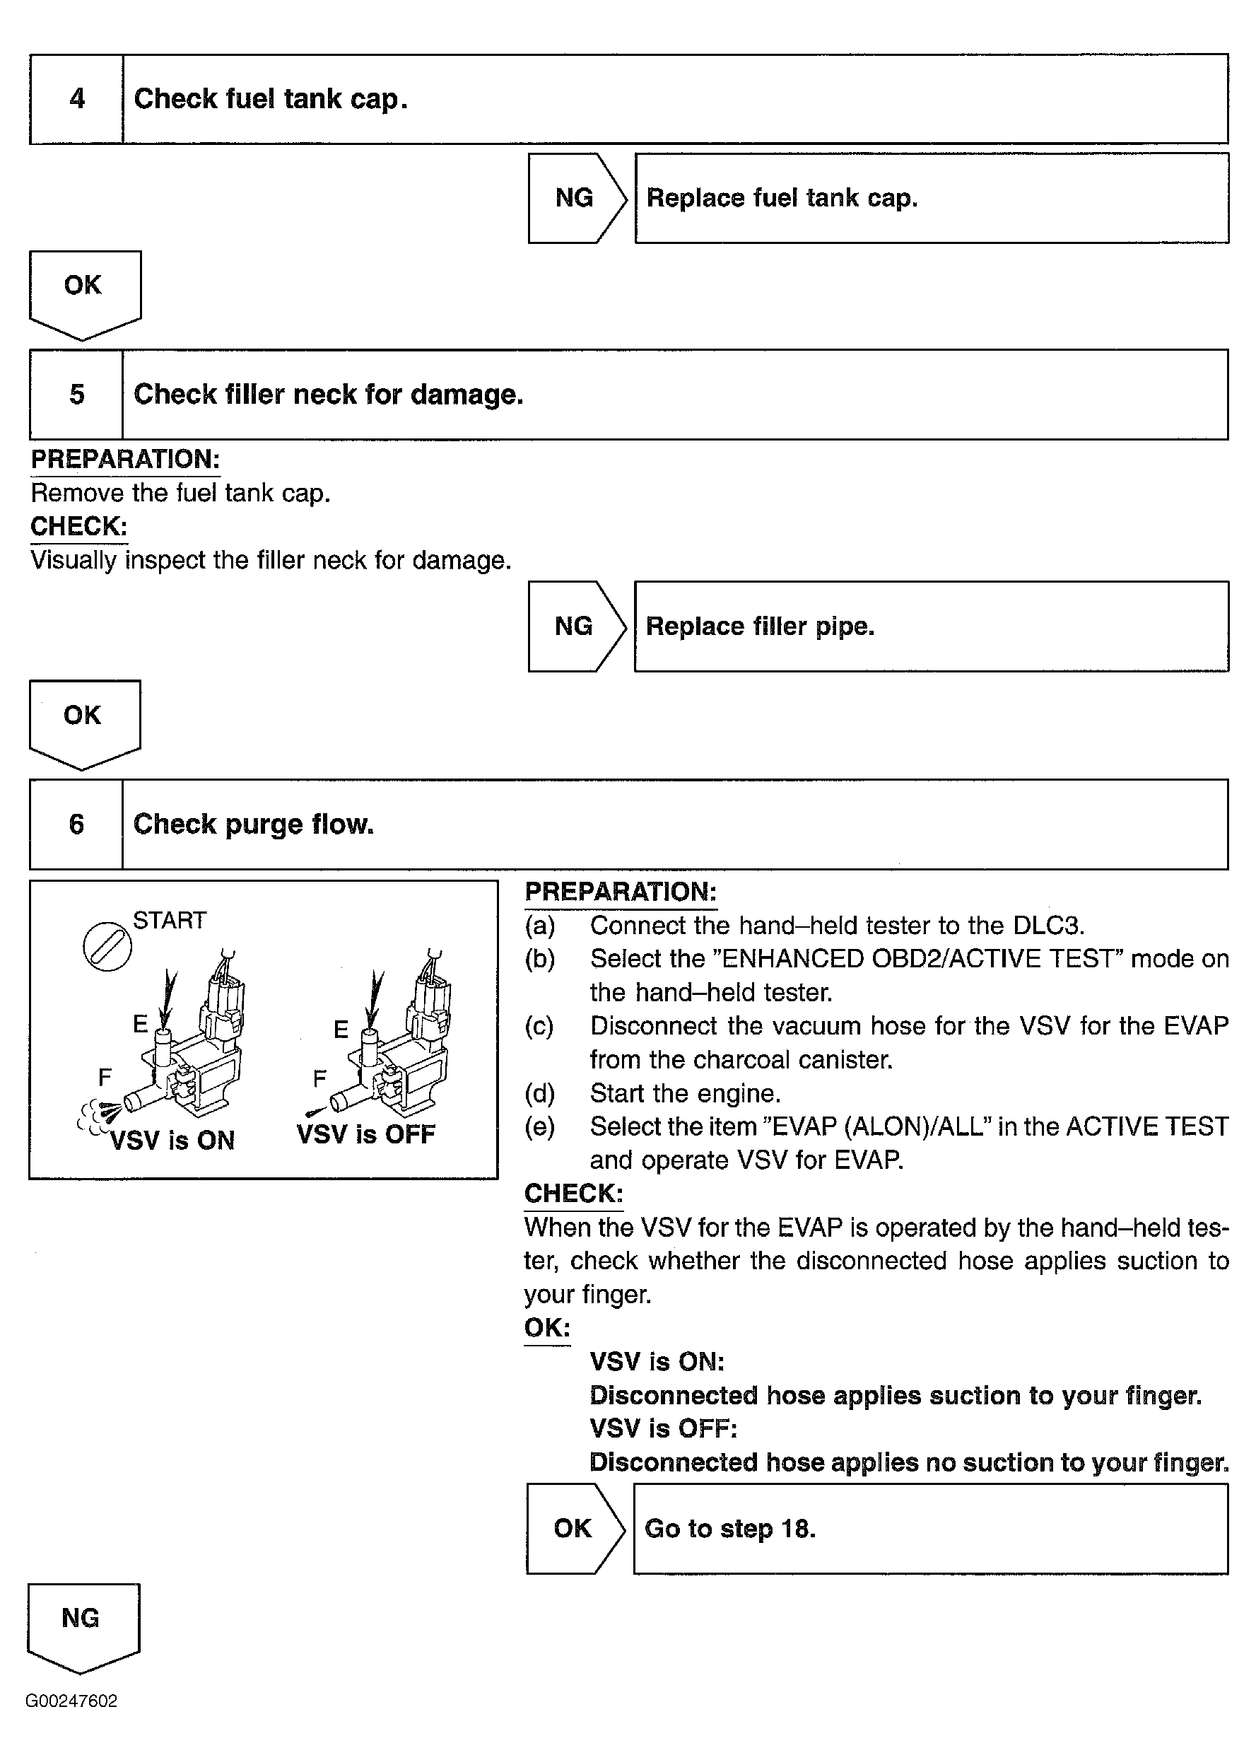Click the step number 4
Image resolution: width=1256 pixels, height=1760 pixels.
tap(76, 99)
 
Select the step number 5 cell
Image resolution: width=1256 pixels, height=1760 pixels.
tap(76, 395)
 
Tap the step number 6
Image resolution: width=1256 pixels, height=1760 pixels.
tap(76, 824)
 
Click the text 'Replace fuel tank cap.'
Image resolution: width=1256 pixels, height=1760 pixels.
tap(782, 198)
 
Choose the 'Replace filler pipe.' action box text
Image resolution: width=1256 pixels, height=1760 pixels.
tap(761, 626)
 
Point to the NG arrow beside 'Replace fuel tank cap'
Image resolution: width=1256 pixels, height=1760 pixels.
tap(575, 198)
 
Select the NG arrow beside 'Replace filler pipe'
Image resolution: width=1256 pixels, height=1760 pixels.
tap(575, 626)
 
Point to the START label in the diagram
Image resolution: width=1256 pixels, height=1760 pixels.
tap(170, 921)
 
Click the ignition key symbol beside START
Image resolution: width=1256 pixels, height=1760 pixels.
tap(107, 946)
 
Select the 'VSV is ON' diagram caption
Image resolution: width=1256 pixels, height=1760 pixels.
tap(172, 1141)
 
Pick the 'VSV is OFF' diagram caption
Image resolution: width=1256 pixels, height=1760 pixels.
tap(366, 1134)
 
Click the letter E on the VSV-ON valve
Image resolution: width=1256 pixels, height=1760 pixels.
tap(140, 1025)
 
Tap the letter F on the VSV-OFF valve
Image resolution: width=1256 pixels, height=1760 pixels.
tap(319, 1078)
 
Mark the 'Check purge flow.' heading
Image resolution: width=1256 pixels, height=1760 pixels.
tap(254, 824)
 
